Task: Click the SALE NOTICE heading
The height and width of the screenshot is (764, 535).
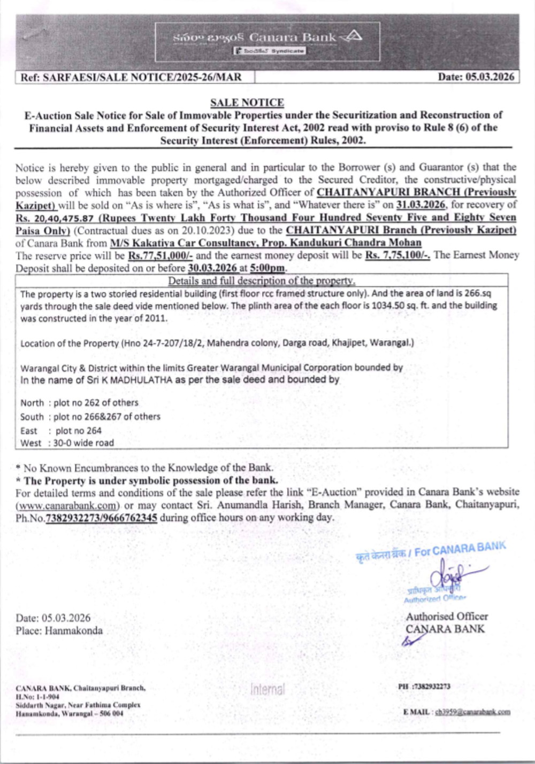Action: (x=247, y=103)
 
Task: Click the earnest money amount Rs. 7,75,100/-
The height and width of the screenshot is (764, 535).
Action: (x=398, y=255)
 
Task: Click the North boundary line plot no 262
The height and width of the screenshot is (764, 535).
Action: (x=95, y=403)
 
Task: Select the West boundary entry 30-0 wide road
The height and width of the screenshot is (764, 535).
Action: (x=83, y=443)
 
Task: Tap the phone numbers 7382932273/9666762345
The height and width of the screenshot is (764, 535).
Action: (x=101, y=518)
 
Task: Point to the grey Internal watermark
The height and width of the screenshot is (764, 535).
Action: (x=267, y=689)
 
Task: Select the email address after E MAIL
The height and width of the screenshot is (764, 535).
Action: (x=472, y=712)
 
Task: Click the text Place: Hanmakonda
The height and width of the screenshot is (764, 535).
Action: (x=59, y=631)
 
